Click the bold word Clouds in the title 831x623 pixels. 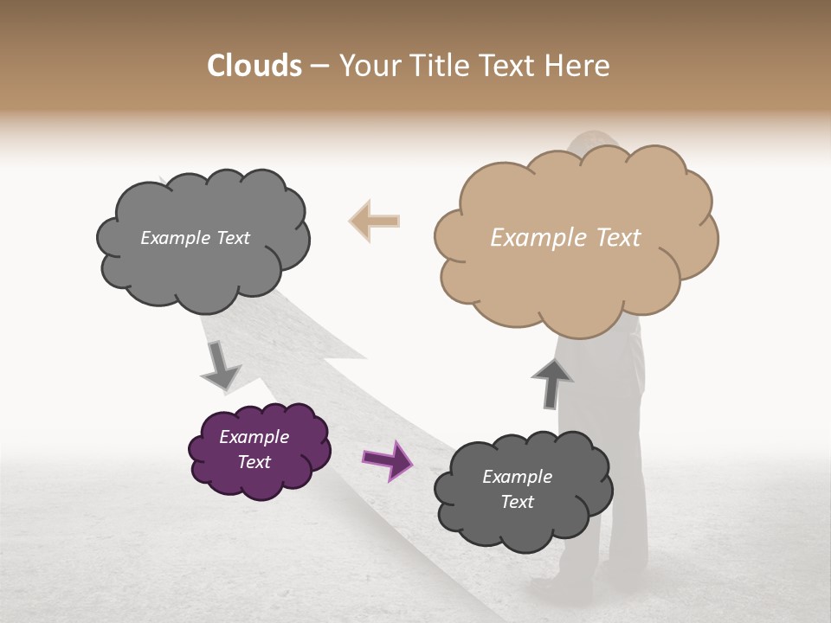[x=254, y=66]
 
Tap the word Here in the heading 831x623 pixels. [x=577, y=66]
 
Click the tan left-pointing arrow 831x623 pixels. [x=374, y=222]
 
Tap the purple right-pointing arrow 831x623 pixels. [x=386, y=459]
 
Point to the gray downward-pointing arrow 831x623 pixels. [x=220, y=364]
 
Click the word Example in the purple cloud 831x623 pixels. [x=254, y=437]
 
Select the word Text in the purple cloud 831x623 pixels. [x=254, y=462]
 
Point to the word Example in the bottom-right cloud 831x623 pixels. [x=517, y=477]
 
